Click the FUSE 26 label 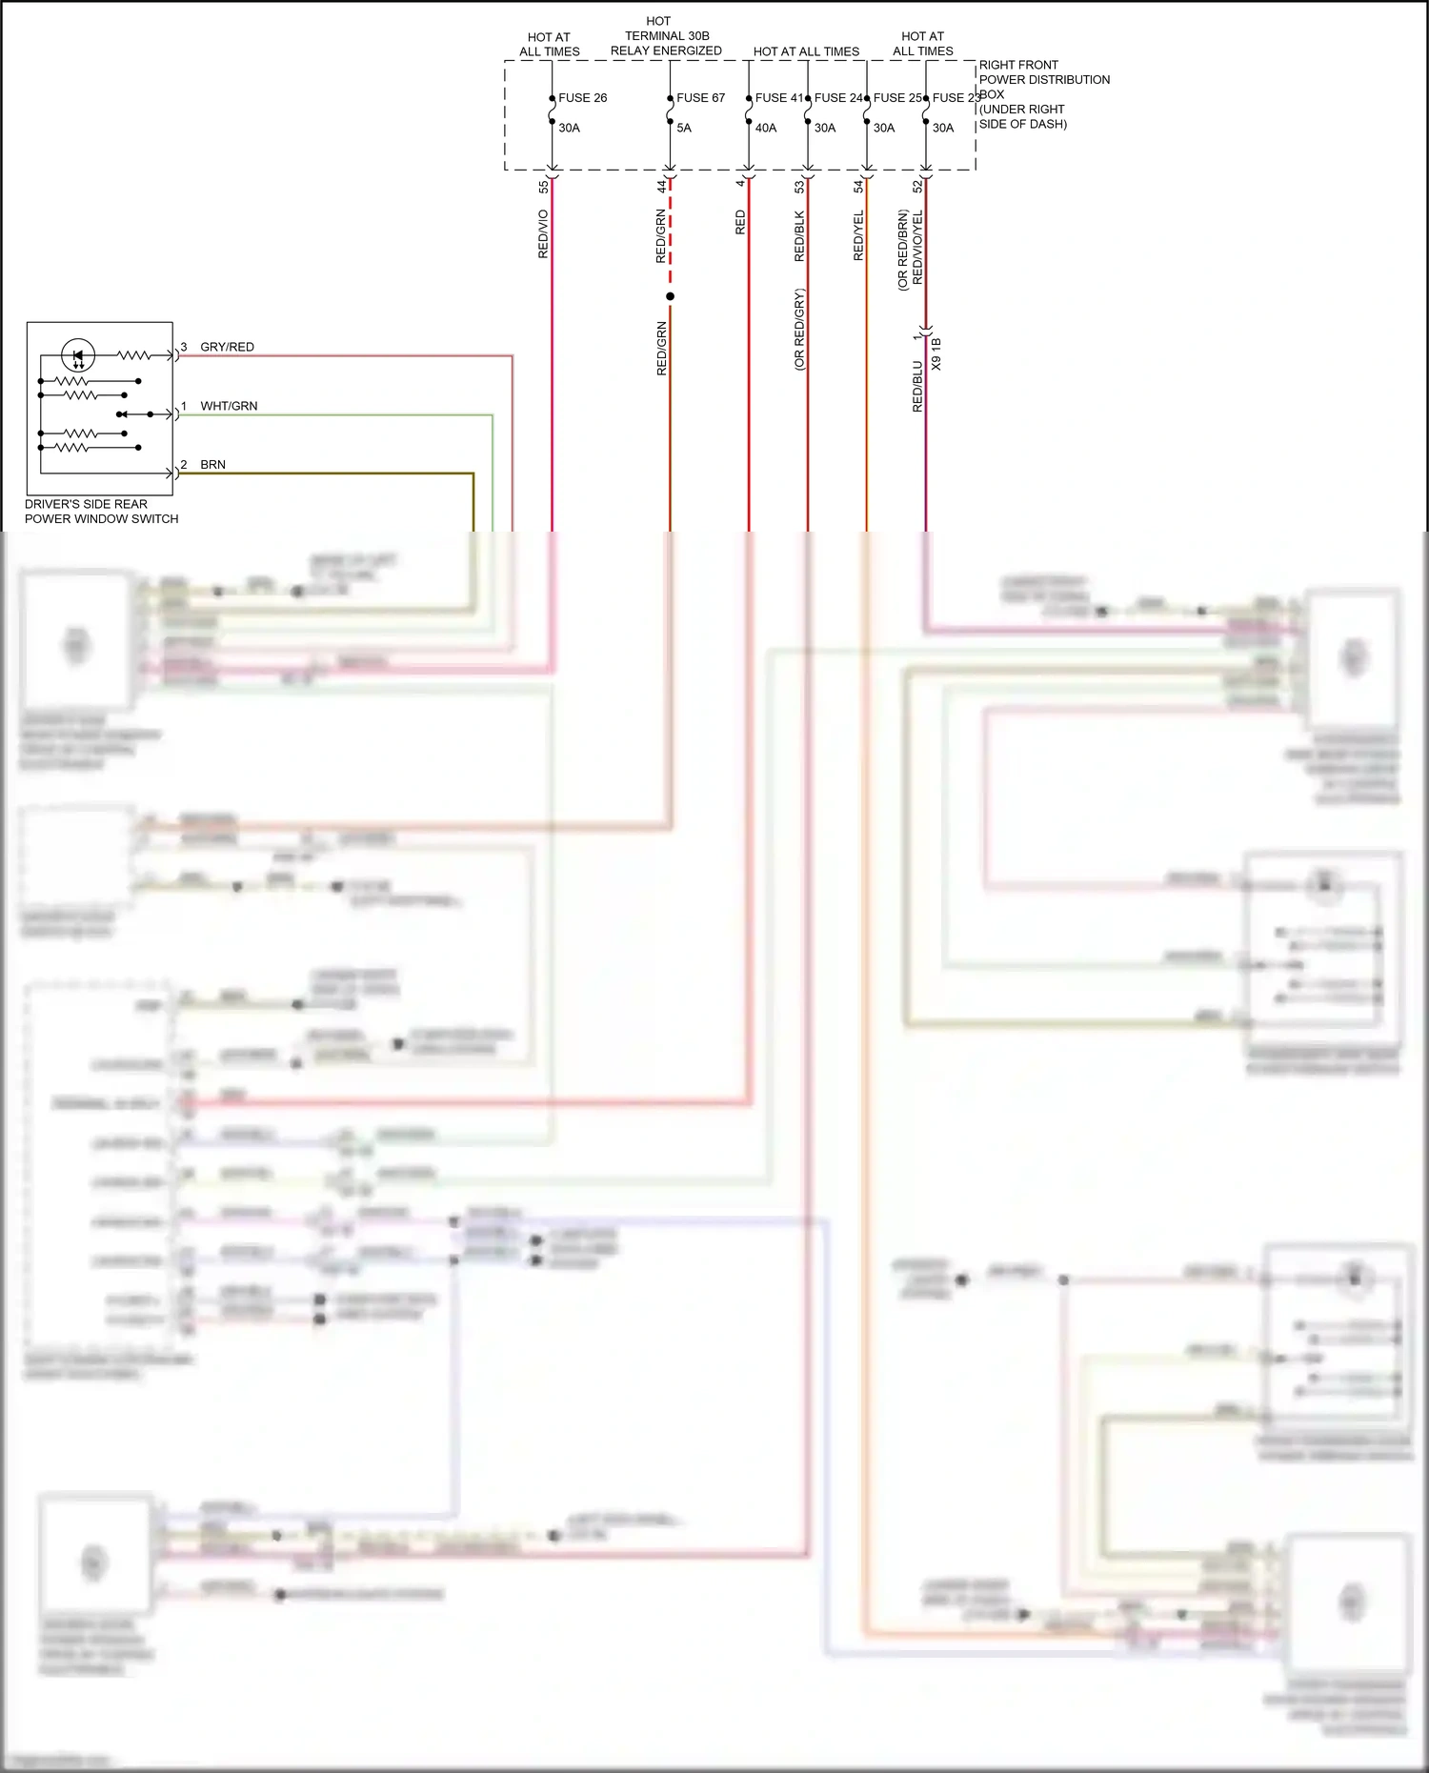pos(582,98)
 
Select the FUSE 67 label pos(700,98)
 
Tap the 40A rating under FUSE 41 pos(766,128)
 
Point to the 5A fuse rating pos(684,128)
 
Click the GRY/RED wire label pos(227,347)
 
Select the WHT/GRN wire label pos(229,406)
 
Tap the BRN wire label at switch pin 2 pos(212,465)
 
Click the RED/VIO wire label pos(543,234)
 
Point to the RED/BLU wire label pos(917,386)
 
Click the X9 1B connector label pos(936,353)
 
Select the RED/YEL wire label pos(858,236)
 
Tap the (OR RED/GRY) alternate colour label pos(799,330)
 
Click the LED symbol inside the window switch pos(78,356)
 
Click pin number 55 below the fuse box pos(543,187)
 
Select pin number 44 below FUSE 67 pos(661,187)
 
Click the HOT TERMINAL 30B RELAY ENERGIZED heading pos(665,36)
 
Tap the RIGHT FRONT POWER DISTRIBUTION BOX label pos(1043,94)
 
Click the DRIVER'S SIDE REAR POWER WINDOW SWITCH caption pos(101,512)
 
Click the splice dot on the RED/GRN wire pos(670,296)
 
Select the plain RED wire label pos(740,223)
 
